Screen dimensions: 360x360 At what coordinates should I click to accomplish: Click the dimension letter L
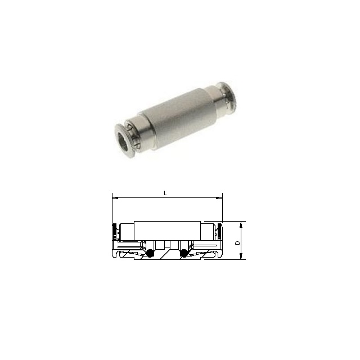165,193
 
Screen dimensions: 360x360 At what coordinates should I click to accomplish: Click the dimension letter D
238,242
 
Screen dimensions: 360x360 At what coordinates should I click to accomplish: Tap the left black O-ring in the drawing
150,253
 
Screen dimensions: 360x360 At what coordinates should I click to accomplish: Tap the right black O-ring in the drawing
183,253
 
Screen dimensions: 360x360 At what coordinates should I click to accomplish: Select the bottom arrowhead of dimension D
241,256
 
